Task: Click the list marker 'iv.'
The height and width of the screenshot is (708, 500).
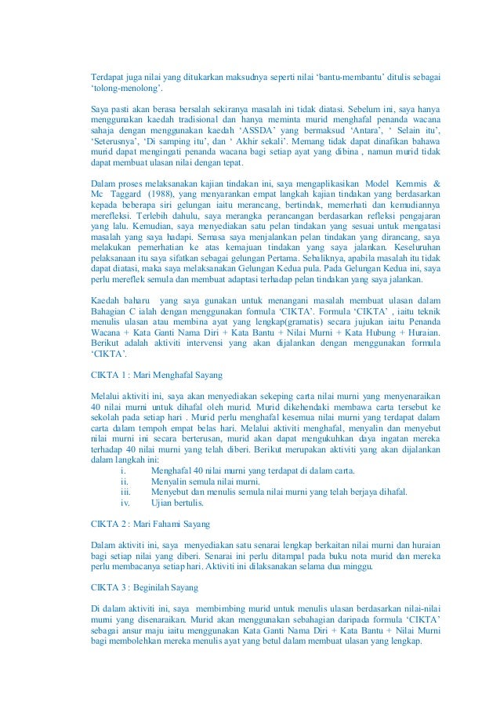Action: tap(125, 503)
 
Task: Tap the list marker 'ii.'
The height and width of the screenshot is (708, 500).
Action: tap(125, 481)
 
